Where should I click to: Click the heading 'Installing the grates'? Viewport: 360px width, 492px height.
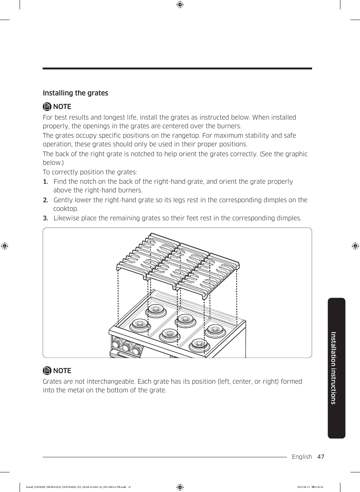point(75,93)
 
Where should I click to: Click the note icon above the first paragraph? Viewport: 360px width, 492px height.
point(47,106)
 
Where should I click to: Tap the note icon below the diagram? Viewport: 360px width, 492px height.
point(47,371)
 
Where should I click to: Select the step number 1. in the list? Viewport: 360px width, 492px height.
point(45,181)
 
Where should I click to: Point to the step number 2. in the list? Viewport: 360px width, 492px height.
point(45,200)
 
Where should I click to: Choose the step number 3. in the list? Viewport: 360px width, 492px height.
point(45,218)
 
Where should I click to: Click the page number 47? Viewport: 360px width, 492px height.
point(321,457)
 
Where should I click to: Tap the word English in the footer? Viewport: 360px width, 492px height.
point(302,457)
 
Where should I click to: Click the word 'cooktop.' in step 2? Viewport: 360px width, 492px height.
point(66,209)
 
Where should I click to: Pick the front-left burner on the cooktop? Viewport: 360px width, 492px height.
point(138,324)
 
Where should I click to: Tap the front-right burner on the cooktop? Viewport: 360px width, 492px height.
point(198,344)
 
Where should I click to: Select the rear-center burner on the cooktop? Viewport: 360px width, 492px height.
point(185,319)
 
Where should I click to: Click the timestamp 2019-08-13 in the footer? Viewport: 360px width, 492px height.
point(303,487)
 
